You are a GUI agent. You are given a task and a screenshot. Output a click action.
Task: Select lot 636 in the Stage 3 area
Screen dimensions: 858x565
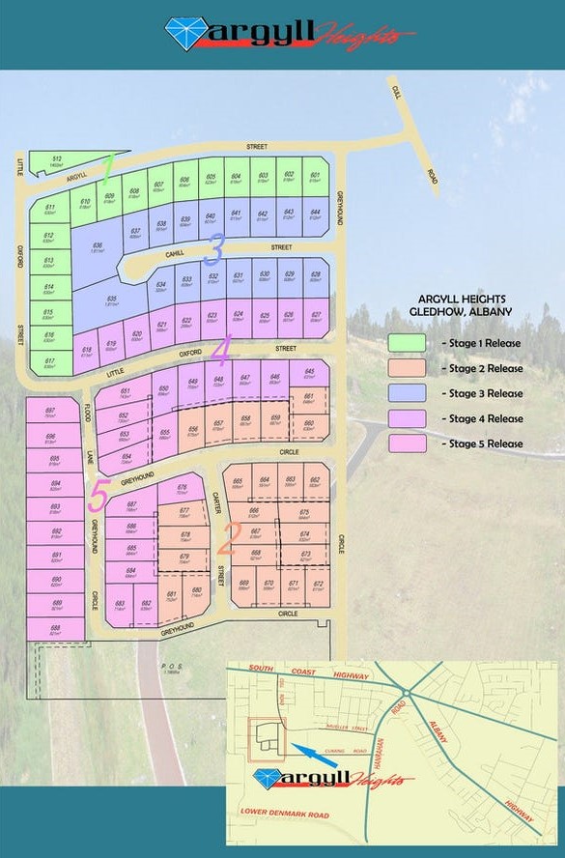point(98,248)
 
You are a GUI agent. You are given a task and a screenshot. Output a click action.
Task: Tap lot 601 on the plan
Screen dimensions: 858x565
point(315,179)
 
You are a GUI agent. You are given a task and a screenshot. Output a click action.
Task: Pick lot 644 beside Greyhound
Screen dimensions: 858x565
point(314,215)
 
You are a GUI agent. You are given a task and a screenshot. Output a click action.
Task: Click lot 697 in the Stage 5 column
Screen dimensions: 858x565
point(51,414)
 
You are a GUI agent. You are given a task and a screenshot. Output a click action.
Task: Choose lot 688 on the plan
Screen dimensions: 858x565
point(55,629)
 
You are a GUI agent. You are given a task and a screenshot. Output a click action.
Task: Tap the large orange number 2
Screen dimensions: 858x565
point(231,535)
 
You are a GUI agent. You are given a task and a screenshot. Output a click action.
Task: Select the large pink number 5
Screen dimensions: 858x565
point(99,497)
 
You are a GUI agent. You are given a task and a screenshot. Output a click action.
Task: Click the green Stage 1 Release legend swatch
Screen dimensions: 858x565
point(408,343)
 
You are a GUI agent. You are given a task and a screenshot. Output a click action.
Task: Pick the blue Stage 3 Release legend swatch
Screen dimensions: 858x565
point(408,393)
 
